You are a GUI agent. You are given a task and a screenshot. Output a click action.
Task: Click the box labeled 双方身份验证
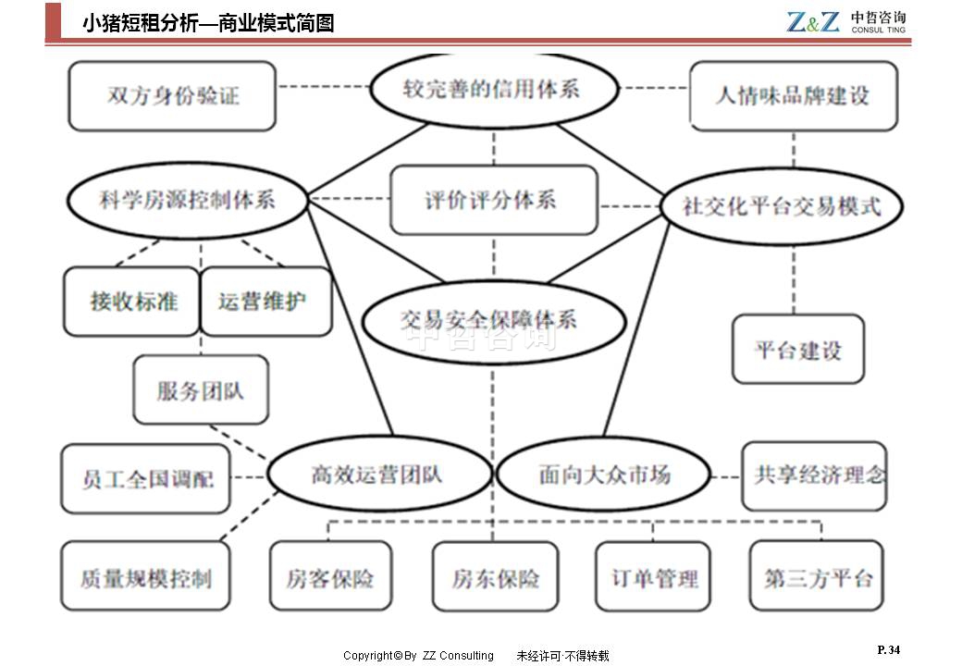172,96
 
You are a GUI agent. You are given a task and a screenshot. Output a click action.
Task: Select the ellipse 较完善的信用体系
494,90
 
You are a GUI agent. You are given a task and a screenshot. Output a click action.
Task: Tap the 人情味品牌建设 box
793,95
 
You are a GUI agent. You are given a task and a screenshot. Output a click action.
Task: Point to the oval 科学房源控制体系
187,200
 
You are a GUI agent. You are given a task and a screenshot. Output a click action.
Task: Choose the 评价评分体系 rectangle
493,200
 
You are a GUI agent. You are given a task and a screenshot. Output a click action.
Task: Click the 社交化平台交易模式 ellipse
782,205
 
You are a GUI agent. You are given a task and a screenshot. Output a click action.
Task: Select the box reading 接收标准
133,302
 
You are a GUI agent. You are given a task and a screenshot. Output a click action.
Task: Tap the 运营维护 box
265,302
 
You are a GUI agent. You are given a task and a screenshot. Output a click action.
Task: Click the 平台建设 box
797,350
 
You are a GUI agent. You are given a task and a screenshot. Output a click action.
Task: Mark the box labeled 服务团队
201,389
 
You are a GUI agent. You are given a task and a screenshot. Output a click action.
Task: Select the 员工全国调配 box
146,479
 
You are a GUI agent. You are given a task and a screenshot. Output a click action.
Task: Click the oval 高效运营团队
379,475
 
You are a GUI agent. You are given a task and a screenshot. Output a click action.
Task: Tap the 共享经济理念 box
814,475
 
